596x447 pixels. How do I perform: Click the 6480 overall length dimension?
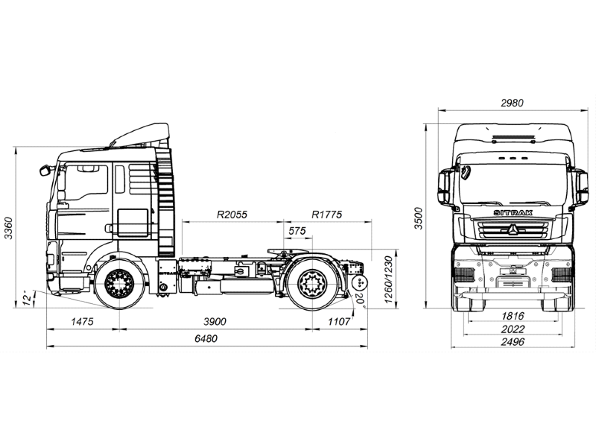coord(206,338)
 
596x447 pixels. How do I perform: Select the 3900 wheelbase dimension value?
coord(215,322)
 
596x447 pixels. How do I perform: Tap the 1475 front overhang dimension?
coord(82,322)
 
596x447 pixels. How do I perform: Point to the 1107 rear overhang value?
coord(339,322)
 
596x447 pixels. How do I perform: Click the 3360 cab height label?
coord(8,229)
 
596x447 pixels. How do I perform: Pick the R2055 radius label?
coord(232,215)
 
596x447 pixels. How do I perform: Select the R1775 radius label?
coord(327,215)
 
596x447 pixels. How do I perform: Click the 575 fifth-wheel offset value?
coord(297,231)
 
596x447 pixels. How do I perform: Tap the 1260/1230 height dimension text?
coord(388,279)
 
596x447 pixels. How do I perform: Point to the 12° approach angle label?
coord(28,299)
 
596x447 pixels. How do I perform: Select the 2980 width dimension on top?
coord(512,103)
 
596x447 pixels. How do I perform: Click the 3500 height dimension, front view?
coord(419,218)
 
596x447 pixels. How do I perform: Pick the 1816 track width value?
coord(513,316)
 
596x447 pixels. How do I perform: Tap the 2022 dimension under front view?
coord(513,329)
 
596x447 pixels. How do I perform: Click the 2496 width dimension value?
coord(513,342)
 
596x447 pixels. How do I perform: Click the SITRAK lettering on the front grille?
coord(513,213)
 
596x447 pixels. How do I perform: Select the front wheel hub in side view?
coord(120,282)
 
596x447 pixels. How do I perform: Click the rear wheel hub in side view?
coord(312,282)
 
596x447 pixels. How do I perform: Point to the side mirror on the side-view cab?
coord(45,170)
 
